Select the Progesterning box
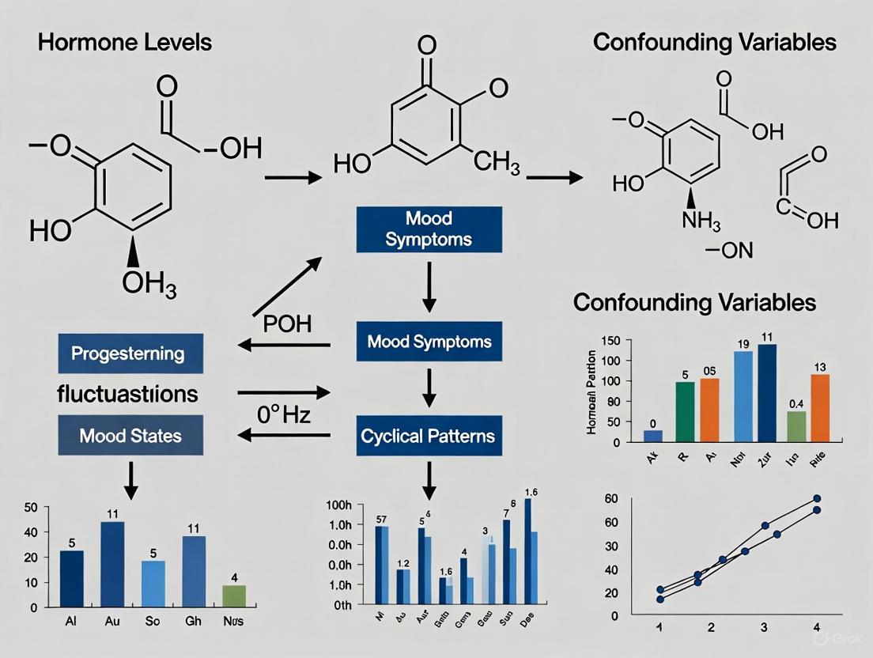130,354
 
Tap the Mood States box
130,435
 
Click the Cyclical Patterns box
428,436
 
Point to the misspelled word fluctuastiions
127,394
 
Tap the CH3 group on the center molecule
497,164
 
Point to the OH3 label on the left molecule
149,282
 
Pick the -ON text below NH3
729,252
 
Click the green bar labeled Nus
233,596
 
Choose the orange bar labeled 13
820,407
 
